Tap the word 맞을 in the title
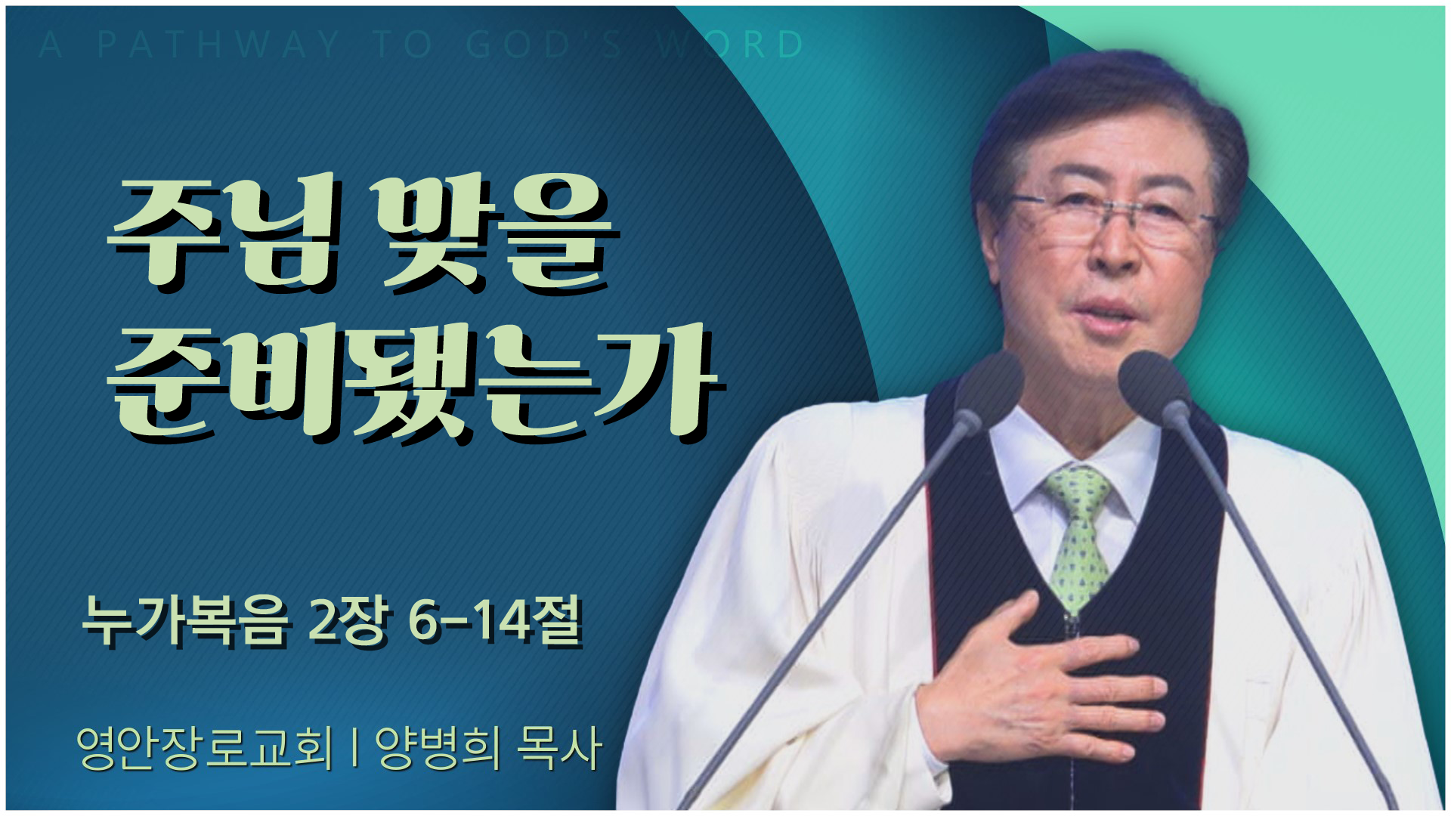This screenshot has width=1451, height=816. tap(492, 235)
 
